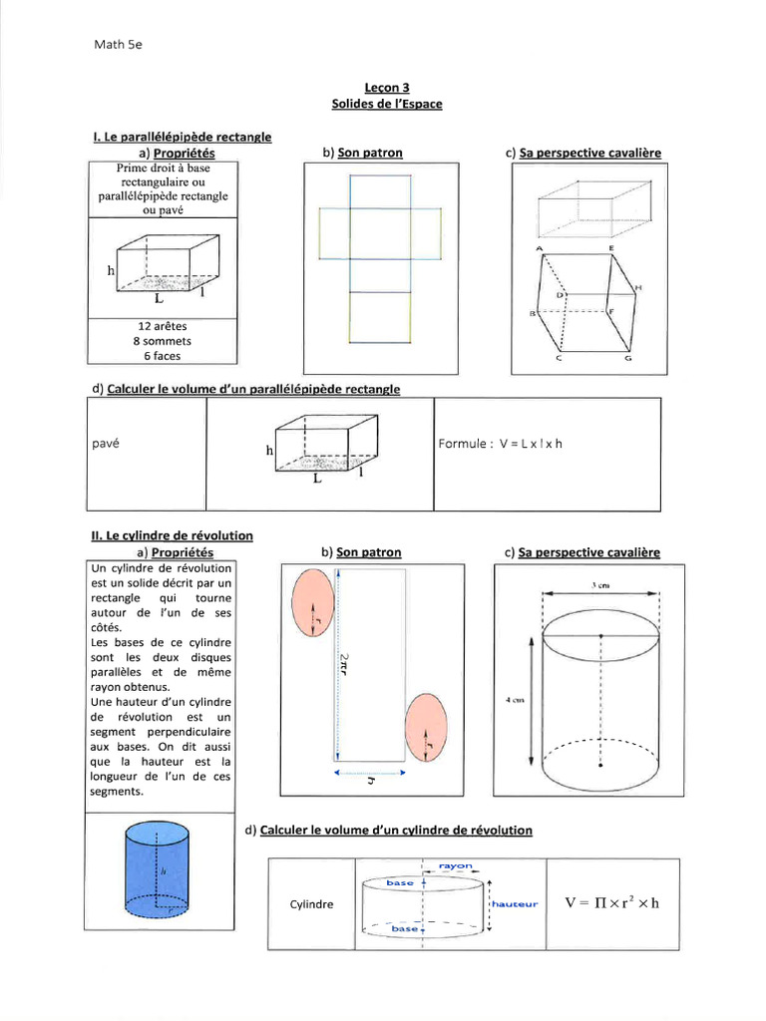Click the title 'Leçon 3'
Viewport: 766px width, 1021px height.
[x=387, y=88]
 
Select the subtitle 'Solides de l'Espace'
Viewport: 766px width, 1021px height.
[x=387, y=104]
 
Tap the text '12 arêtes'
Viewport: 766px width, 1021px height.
[x=162, y=326]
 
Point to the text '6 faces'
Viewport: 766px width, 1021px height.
[x=162, y=355]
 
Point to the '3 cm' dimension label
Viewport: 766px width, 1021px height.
[x=599, y=587]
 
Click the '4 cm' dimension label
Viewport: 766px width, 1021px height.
[x=516, y=701]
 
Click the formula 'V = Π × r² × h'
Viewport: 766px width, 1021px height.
[x=612, y=903]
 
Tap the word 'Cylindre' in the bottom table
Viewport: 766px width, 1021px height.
[x=311, y=904]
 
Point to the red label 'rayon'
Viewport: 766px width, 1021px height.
[x=455, y=865]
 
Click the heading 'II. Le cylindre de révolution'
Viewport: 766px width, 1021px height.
[x=172, y=535]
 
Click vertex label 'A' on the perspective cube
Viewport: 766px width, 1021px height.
[x=539, y=246]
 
